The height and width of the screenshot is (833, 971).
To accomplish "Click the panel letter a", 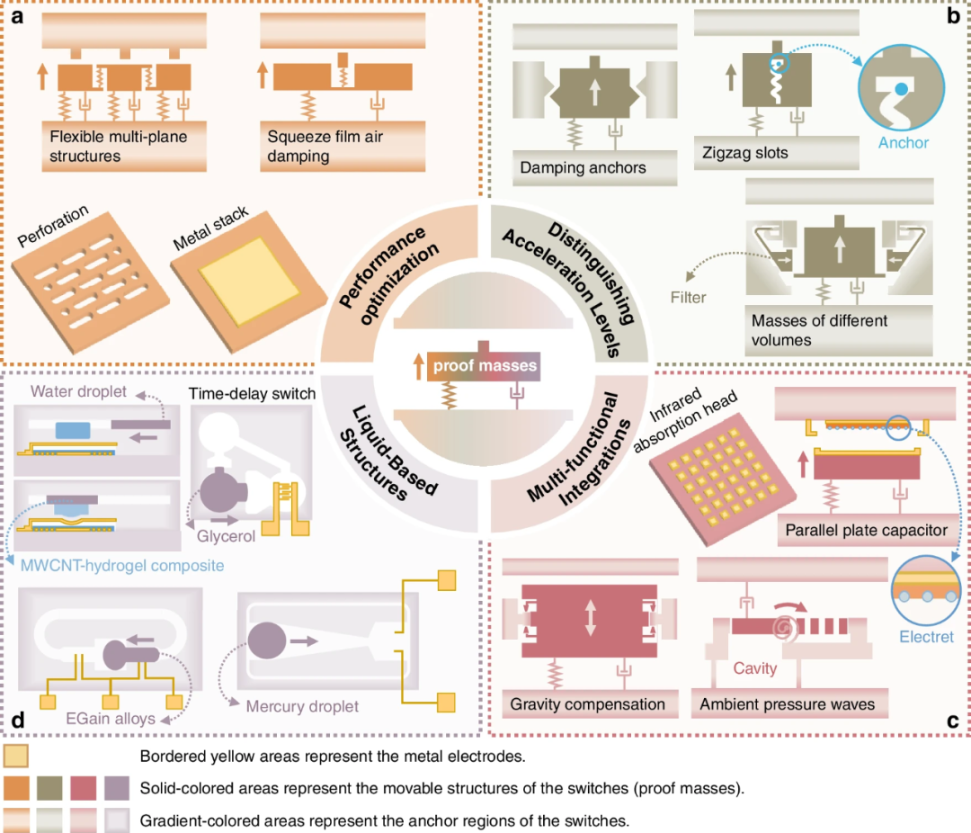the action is click(17, 16).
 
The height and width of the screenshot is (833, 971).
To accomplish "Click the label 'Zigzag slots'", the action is click(745, 152).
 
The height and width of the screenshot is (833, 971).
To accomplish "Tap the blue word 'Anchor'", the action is click(904, 142).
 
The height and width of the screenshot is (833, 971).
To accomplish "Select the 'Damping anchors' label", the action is click(583, 167).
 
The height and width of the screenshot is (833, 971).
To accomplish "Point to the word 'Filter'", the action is click(688, 298).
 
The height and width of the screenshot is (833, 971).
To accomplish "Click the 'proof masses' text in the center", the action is click(485, 365).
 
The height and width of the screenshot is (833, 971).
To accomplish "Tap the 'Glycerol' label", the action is click(226, 536).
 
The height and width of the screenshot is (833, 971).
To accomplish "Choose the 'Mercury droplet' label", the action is click(302, 706).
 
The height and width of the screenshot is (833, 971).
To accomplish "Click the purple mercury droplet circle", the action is click(267, 640).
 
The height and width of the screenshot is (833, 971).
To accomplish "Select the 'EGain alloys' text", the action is click(111, 719).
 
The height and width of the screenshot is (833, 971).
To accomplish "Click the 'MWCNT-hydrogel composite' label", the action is click(122, 565).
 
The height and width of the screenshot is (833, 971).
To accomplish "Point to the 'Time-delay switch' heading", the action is click(252, 394).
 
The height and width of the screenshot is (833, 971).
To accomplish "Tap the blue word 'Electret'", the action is click(926, 637).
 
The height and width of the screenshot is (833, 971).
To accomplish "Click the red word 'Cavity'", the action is click(755, 668).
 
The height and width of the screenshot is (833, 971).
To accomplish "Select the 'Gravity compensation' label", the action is click(587, 704).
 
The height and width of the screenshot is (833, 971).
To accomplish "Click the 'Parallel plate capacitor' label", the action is click(867, 530).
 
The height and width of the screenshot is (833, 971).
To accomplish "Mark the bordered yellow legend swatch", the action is click(15, 756).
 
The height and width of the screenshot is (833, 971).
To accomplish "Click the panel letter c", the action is click(952, 720).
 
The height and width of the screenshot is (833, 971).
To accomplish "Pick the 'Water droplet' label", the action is click(78, 391).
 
